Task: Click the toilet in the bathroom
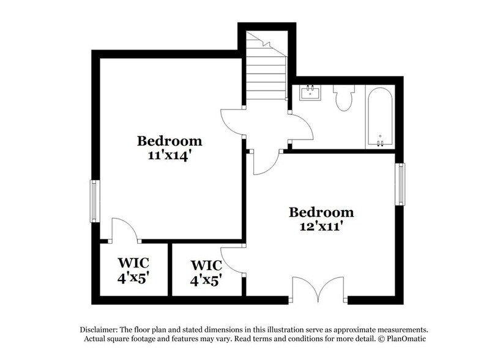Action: (x=344, y=98)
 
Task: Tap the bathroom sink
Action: (x=311, y=93)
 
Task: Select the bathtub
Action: (x=380, y=116)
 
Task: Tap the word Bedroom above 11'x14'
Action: (x=169, y=141)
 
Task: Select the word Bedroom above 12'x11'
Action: (x=321, y=212)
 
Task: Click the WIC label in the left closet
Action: (x=133, y=263)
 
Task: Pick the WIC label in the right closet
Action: (x=206, y=266)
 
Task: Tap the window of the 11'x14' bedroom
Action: (x=94, y=201)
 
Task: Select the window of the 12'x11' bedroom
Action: (x=401, y=184)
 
